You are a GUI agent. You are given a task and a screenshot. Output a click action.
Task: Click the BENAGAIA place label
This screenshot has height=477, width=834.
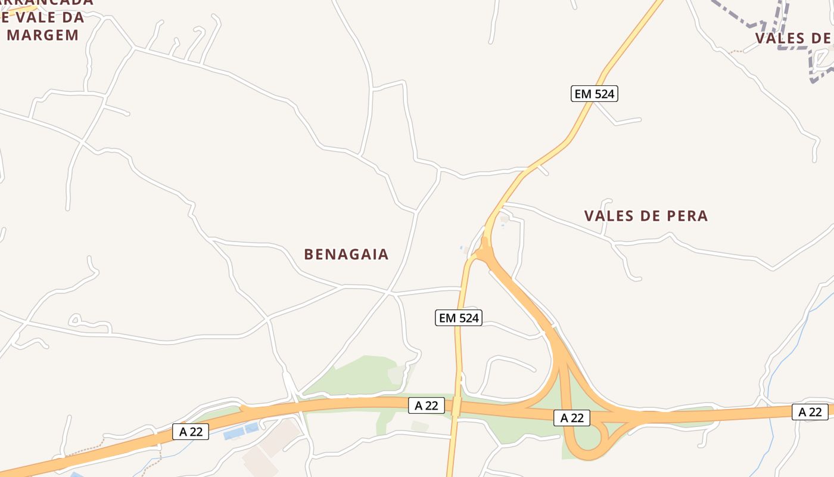coord(346,255)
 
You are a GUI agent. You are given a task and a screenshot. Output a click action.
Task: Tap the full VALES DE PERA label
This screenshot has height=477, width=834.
coord(646,216)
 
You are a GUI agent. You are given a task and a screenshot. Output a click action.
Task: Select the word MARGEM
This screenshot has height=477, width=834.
coord(43,35)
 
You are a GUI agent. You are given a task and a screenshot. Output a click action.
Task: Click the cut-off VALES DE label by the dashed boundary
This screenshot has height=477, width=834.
coord(792,38)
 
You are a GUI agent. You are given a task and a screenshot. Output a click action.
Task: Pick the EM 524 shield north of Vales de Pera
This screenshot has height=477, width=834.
coord(594,94)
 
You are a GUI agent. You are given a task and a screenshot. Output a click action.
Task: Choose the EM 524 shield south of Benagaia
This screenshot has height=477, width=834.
coord(458,318)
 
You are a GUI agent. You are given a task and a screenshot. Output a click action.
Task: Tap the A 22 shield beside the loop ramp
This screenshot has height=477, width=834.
coord(572,418)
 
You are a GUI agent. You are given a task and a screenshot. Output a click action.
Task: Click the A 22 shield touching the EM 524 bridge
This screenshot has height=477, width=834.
coord(427,406)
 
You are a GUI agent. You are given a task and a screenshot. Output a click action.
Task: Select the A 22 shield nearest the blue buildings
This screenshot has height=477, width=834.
coord(191,432)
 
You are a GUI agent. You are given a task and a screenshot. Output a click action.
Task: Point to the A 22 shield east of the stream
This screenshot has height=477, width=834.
coord(810,411)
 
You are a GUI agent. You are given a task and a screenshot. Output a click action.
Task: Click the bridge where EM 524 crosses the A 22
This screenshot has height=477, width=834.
coord(456,407)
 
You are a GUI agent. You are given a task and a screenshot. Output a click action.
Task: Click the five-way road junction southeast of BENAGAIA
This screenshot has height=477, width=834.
coord(390,293)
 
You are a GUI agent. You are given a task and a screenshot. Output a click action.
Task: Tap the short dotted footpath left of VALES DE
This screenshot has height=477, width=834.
coord(737,52)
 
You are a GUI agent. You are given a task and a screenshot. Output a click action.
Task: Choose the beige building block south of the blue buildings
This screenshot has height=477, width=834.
coord(262,459)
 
